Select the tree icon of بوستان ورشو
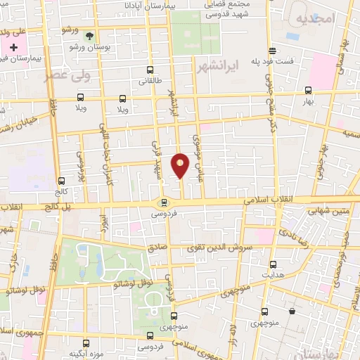point(89,34)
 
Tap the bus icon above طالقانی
point(149,70)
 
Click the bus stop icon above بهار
point(308,89)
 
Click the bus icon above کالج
point(62,181)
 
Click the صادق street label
point(157,247)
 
